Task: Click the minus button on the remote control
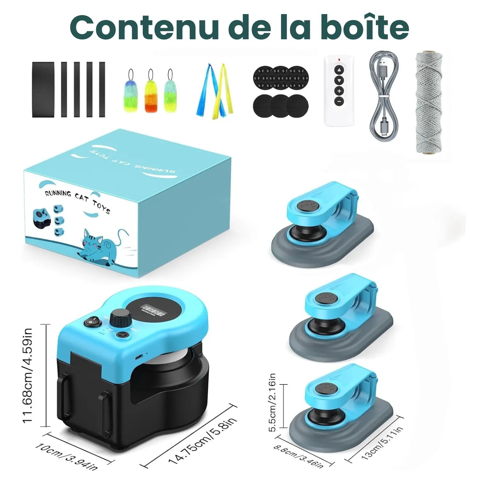[x=339, y=102]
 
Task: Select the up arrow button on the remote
[x=339, y=70]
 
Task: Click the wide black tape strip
[x=43, y=89]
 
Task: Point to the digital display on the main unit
[x=154, y=309]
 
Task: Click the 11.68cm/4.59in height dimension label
[x=28, y=375]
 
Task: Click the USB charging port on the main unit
[x=139, y=356]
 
